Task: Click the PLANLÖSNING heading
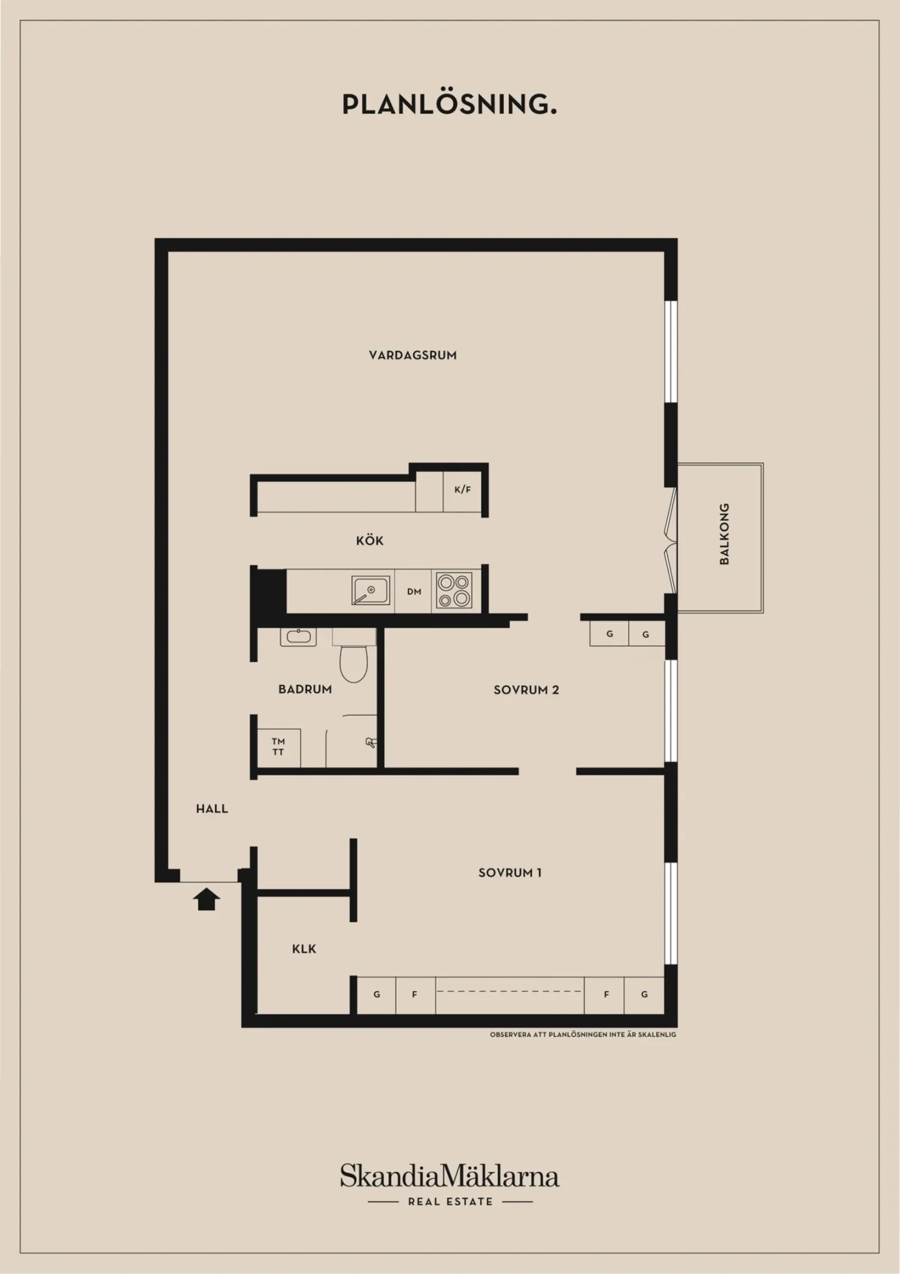pyautogui.click(x=449, y=104)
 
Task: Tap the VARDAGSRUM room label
pyautogui.click(x=412, y=355)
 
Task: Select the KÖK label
pyautogui.click(x=370, y=540)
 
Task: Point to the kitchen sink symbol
pyautogui.click(x=371, y=591)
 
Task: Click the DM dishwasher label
pyautogui.click(x=414, y=591)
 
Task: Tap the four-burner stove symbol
pyautogui.click(x=454, y=591)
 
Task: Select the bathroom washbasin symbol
pyautogui.click(x=298, y=637)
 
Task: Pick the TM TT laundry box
pyautogui.click(x=278, y=748)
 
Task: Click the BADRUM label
pyautogui.click(x=305, y=690)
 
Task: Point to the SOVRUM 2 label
pyautogui.click(x=526, y=690)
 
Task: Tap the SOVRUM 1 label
pyautogui.click(x=510, y=873)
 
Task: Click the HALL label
pyautogui.click(x=212, y=809)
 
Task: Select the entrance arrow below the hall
pyautogui.click(x=206, y=900)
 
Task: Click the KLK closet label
pyautogui.click(x=304, y=949)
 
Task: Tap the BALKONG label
pyautogui.click(x=724, y=534)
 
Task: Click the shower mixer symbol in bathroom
pyautogui.click(x=371, y=743)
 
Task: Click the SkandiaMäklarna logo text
pyautogui.click(x=449, y=1176)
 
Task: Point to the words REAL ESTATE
pyautogui.click(x=450, y=1201)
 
